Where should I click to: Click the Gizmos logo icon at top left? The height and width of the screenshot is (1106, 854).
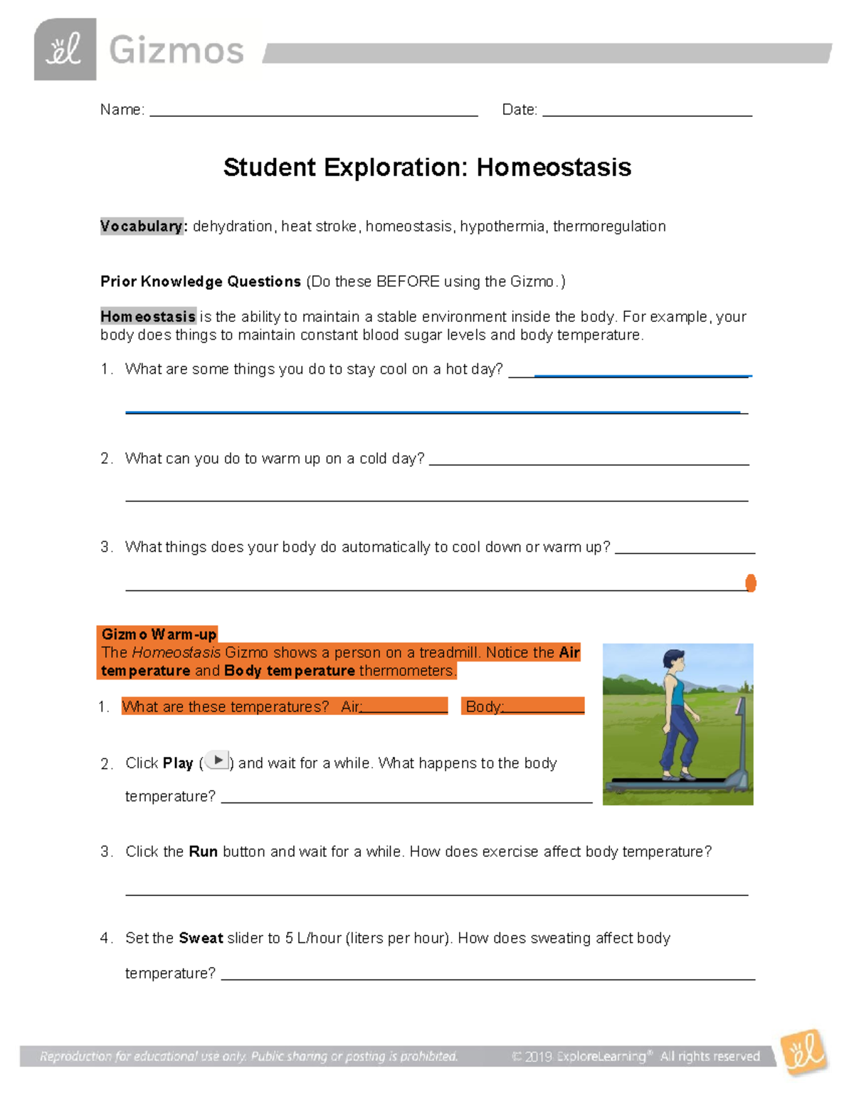[x=65, y=50]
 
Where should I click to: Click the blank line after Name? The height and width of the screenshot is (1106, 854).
[x=313, y=112]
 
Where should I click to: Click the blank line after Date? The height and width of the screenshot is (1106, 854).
[x=647, y=112]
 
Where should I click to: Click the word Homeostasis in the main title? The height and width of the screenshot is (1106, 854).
[x=554, y=167]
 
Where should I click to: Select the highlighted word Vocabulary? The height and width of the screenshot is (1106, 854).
[x=142, y=226]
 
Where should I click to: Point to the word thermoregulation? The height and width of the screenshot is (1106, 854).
[x=609, y=226]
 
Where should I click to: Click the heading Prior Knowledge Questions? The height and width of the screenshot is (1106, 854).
[x=201, y=281]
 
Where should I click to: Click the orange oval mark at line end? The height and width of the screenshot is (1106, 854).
[x=750, y=583]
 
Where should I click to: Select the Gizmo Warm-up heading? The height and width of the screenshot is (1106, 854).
[x=159, y=634]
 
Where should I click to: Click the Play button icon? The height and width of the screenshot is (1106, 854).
[x=218, y=761]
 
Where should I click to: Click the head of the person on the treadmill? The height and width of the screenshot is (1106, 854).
[x=673, y=661]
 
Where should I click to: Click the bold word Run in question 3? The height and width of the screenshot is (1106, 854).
[x=203, y=852]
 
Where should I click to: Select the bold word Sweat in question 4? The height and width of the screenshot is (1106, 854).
[x=201, y=938]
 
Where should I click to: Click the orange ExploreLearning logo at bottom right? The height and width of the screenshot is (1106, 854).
[x=803, y=1052]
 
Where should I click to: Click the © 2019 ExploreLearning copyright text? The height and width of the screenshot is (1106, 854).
[x=636, y=1056]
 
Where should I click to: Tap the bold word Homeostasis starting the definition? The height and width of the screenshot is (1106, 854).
[x=148, y=316]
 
